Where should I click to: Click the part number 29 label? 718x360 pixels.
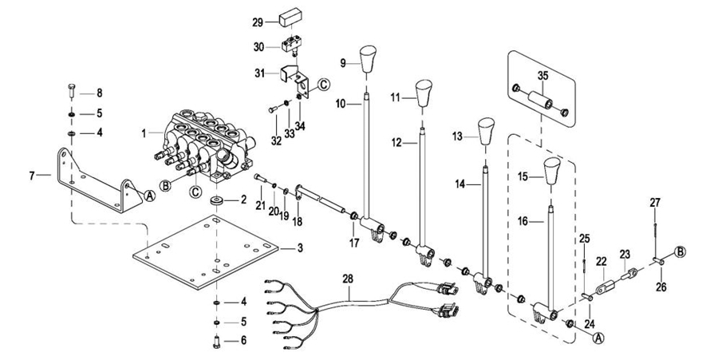[257, 22]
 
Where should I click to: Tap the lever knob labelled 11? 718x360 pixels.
[422, 91]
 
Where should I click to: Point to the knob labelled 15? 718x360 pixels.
[553, 171]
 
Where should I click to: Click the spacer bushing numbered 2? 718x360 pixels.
[215, 198]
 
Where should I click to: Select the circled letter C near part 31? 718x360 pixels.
[323, 84]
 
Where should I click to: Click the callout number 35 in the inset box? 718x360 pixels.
[542, 77]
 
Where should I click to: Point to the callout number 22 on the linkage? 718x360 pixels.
[601, 261]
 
